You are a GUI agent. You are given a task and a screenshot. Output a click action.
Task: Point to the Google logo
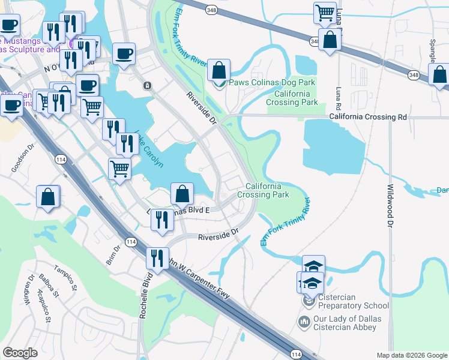20,353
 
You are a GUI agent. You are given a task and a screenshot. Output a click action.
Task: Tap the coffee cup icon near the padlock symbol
124,53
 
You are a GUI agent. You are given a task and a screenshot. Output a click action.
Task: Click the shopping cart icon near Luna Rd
325,12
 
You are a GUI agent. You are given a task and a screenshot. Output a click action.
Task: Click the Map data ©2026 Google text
412,355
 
